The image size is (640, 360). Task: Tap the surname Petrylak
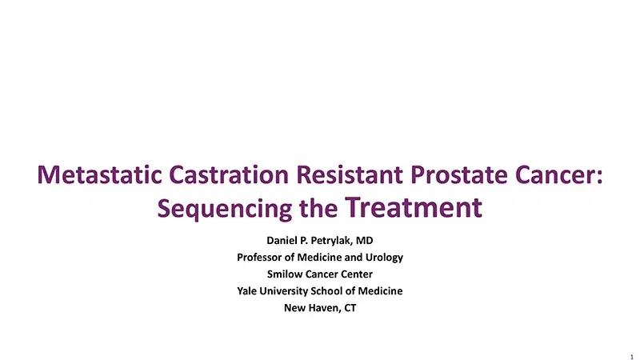[325, 240]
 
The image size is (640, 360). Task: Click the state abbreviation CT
[350, 309]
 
